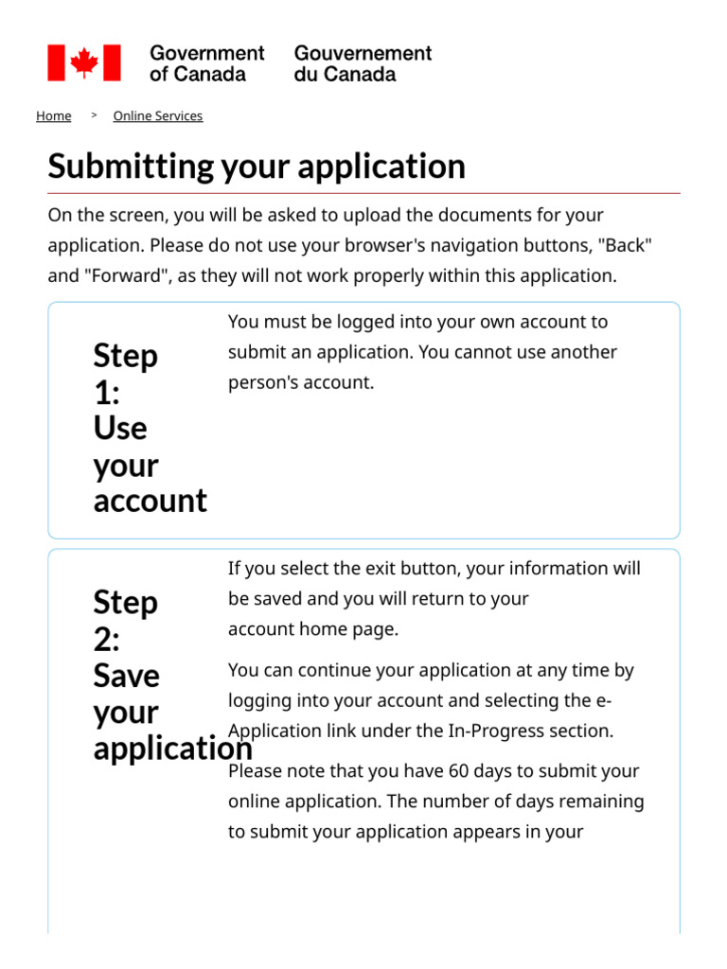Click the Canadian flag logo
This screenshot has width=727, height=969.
pyautogui.click(x=84, y=62)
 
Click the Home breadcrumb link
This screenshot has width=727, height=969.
pyautogui.click(x=53, y=116)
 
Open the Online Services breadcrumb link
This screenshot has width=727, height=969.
pyautogui.click(x=157, y=116)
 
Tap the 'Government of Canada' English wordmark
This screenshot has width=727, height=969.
pyautogui.click(x=206, y=63)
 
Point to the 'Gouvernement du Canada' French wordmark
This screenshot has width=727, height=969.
pyautogui.click(x=363, y=63)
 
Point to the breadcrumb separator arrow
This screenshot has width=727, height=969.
pyautogui.click(x=94, y=115)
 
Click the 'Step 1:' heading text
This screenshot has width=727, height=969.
pyautogui.click(x=125, y=374)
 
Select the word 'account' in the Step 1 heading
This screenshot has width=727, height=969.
pyautogui.click(x=150, y=500)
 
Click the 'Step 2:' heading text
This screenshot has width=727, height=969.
pyautogui.click(x=125, y=621)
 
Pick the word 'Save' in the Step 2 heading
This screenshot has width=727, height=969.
pyautogui.click(x=126, y=676)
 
